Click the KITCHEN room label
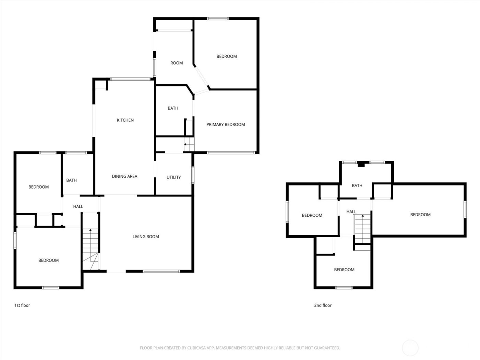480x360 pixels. [125, 120]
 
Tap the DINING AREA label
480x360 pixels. [124, 176]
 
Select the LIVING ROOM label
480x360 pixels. [146, 237]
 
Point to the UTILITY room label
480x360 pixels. [173, 177]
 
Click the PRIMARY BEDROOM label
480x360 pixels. [226, 124]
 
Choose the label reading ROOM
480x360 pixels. [177, 63]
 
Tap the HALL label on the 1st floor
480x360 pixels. [78, 206]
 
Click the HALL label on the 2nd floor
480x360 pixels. [351, 212]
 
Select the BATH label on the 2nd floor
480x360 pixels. [357, 185]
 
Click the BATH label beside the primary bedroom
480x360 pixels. [173, 108]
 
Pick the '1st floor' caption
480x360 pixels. [22, 305]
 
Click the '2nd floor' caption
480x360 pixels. [323, 305]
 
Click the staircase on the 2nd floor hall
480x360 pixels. [362, 228]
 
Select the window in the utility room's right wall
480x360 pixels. [193, 175]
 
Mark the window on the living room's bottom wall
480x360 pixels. [161, 271]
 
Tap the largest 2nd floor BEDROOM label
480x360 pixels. [420, 215]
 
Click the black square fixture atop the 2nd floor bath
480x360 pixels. [361, 164]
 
